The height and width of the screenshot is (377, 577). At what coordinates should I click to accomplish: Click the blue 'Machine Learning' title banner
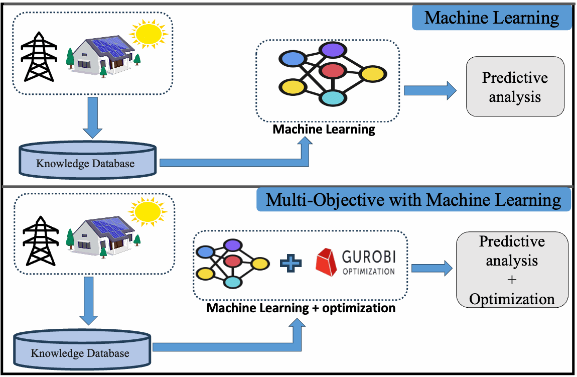pos(492,18)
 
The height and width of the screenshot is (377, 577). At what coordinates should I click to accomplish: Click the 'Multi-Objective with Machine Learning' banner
pos(413,200)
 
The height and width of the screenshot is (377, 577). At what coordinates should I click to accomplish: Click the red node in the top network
pos(332,70)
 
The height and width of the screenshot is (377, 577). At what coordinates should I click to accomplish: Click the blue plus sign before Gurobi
pos(291,263)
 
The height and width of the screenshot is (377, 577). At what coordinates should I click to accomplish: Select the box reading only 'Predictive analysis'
pos(515,87)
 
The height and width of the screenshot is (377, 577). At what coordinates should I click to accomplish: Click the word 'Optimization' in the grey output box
pos(512,299)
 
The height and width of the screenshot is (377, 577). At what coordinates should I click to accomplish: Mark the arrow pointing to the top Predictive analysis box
pos(429,91)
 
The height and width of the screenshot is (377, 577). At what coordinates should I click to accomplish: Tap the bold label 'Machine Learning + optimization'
pos(301,308)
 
